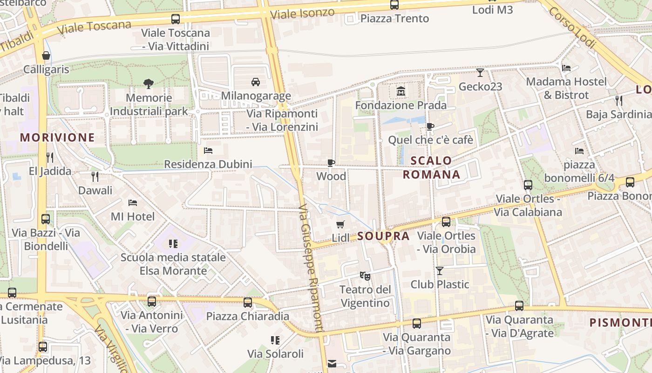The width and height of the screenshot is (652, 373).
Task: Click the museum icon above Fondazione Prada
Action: pyautogui.click(x=401, y=91)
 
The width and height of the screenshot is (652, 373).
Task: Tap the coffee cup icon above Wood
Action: pyautogui.click(x=331, y=163)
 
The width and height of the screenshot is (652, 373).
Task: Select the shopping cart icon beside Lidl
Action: pyautogui.click(x=340, y=224)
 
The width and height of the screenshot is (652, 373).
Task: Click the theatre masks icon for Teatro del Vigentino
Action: pyautogui.click(x=365, y=276)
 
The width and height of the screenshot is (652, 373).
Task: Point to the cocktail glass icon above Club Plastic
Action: pyautogui.click(x=439, y=270)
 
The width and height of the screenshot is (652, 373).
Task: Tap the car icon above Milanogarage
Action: pyautogui.click(x=256, y=82)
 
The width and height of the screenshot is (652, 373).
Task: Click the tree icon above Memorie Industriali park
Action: pyautogui.click(x=149, y=84)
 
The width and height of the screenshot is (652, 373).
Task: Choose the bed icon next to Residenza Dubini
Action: pyautogui.click(x=208, y=151)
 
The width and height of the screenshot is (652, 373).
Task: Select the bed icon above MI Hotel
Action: pyautogui.click(x=133, y=203)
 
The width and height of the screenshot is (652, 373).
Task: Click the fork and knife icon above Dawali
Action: pyautogui.click(x=95, y=176)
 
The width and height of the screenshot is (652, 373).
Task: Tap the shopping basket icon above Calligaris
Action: pyautogui.click(x=46, y=56)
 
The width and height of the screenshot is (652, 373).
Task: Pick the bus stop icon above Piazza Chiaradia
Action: pyautogui.click(x=248, y=302)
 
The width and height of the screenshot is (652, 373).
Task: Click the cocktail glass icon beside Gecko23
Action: pyautogui.click(x=480, y=73)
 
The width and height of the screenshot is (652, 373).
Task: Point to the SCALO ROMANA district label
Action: pyautogui.click(x=431, y=167)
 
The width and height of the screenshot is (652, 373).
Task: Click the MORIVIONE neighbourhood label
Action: pyautogui.click(x=58, y=138)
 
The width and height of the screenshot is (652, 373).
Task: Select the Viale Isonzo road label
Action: pyautogui.click(x=302, y=14)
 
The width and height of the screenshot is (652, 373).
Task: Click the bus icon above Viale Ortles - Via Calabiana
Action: pyautogui.click(x=528, y=185)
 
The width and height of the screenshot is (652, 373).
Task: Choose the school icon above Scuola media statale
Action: pyautogui.click(x=173, y=243)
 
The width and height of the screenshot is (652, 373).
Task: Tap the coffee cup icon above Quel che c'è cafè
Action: pyautogui.click(x=430, y=126)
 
